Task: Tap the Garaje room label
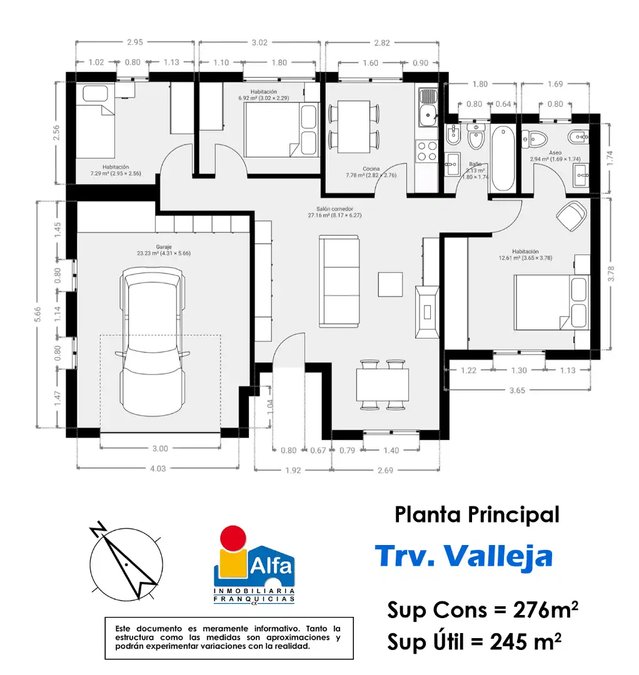[x=164, y=247]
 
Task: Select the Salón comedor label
[x=335, y=209]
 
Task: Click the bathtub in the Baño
[x=503, y=158]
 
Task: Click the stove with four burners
[x=426, y=151]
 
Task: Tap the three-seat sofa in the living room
[x=339, y=281]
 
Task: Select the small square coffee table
[x=391, y=284]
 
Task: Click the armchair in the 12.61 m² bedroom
[x=571, y=216]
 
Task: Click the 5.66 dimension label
[x=38, y=314]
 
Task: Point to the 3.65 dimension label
[x=517, y=391]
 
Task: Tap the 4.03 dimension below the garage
[x=158, y=468]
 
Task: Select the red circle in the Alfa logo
[x=233, y=538]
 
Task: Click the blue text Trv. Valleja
[x=464, y=556]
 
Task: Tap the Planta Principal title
[x=477, y=515]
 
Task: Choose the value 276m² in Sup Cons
[x=546, y=609]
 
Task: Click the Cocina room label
[x=371, y=169]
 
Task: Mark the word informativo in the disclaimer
[x=278, y=629]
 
